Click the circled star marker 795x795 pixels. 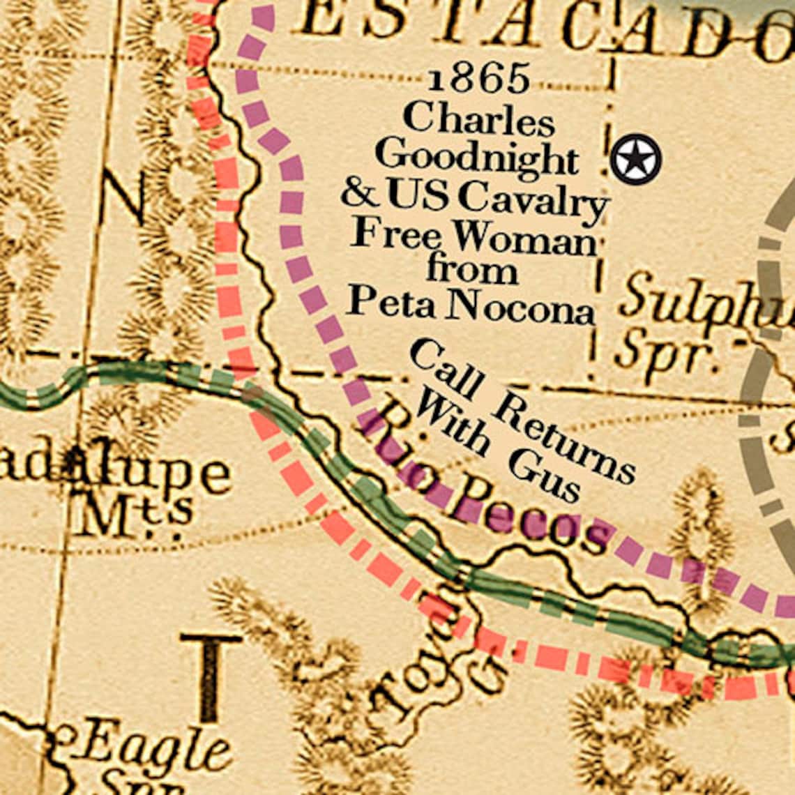coord(635,160)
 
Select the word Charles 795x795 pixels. coord(478,119)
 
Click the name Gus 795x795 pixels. coord(544,478)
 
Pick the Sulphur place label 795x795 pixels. coord(704,300)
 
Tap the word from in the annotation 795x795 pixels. coord(472,270)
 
